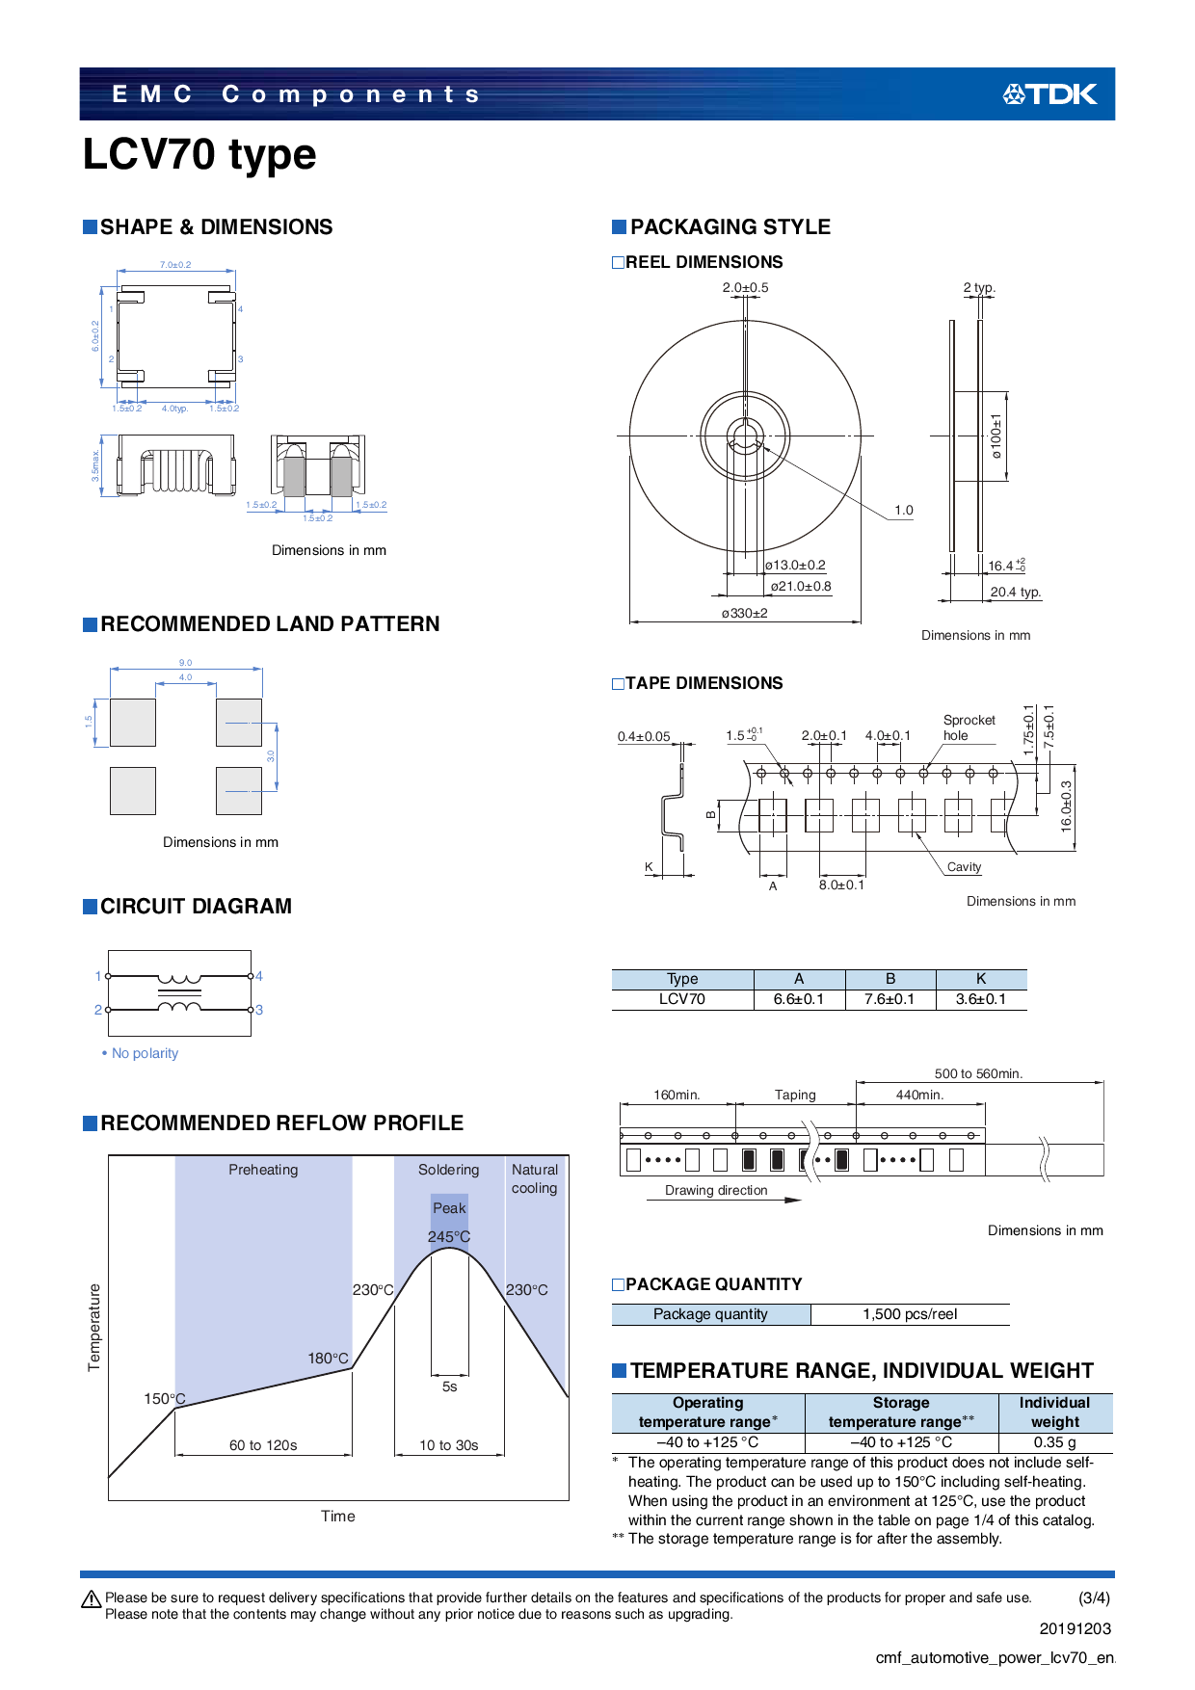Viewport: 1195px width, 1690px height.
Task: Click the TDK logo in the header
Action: (x=1049, y=94)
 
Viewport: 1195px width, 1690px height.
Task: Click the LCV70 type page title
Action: (x=199, y=154)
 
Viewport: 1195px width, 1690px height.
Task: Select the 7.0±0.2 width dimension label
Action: (x=175, y=265)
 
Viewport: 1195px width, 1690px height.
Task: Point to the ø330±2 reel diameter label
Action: (x=744, y=613)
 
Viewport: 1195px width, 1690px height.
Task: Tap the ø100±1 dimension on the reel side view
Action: (x=996, y=436)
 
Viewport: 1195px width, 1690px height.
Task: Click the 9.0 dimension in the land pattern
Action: (x=185, y=663)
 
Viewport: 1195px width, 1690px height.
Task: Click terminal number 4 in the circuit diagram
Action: (x=259, y=976)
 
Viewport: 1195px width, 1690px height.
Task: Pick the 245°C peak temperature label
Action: (x=449, y=1236)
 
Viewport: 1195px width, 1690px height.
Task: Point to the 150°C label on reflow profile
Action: (x=164, y=1398)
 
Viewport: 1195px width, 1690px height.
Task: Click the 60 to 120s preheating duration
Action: (x=263, y=1445)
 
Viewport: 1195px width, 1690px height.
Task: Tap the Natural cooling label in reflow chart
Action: (x=535, y=1178)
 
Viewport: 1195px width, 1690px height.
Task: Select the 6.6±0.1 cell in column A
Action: (x=799, y=999)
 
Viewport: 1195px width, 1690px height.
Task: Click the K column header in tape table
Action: (x=980, y=978)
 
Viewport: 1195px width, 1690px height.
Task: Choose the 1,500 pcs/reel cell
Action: (x=910, y=1314)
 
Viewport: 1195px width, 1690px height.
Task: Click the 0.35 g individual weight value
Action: (x=1054, y=1442)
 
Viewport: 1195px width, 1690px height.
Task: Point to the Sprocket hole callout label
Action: (x=969, y=727)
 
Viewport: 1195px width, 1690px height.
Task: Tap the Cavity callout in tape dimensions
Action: (x=964, y=867)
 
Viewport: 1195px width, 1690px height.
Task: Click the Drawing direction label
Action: (x=716, y=1190)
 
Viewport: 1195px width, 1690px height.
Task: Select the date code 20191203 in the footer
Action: (x=1075, y=1628)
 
